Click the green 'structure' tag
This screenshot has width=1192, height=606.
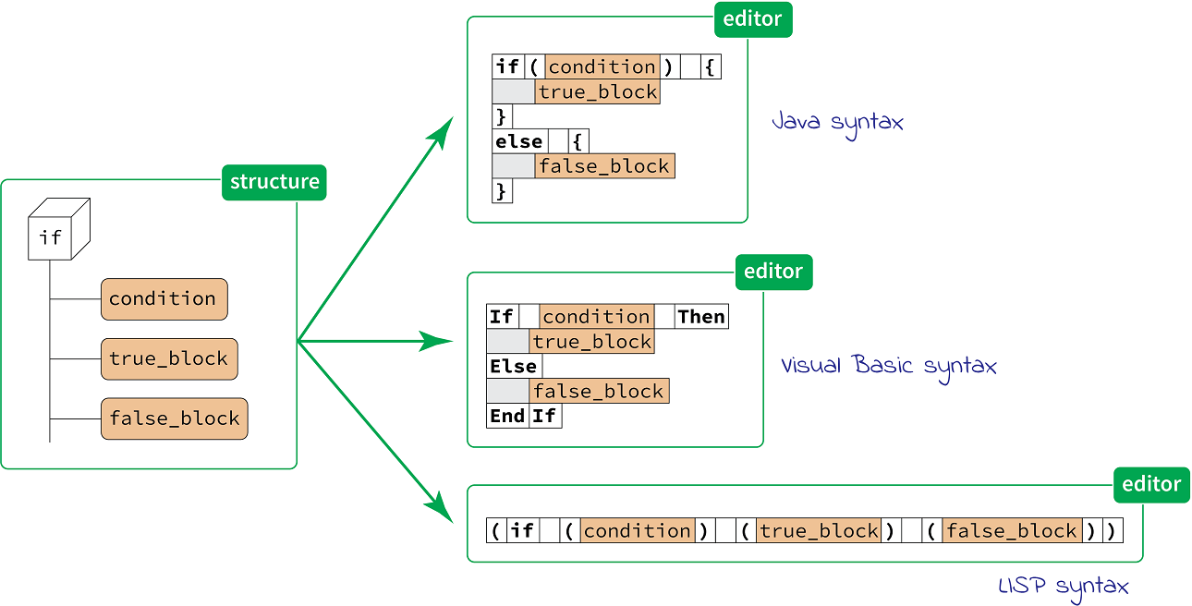point(274,182)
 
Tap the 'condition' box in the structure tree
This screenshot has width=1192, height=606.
point(164,298)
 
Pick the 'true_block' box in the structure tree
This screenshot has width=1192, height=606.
point(169,358)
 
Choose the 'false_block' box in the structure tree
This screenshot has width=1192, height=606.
point(175,418)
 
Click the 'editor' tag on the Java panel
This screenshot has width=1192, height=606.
point(753,19)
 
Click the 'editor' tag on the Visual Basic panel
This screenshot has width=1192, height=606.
point(773,272)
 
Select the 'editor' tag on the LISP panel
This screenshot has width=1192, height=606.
point(1151,484)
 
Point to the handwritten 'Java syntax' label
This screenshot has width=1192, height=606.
point(837,122)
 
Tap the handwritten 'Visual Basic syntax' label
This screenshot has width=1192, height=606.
point(889,366)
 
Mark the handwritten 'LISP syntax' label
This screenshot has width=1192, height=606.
point(1064,587)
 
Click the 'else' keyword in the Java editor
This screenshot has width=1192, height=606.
point(519,141)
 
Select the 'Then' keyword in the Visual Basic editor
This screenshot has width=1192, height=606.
point(701,317)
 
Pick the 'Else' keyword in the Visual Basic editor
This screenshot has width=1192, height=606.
point(514,367)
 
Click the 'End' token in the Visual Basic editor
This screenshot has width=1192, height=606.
point(507,416)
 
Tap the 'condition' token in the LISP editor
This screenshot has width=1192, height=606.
point(637,531)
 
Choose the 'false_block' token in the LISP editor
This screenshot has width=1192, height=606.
point(1012,531)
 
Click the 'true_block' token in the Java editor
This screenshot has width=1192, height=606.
point(598,92)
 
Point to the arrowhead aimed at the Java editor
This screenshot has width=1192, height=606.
point(444,129)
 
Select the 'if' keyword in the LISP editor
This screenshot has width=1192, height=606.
point(523,531)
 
